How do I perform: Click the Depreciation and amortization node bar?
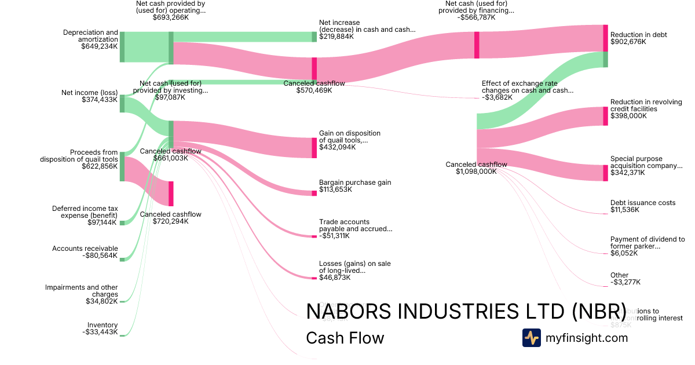[122, 47]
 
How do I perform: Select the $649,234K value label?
[100, 46]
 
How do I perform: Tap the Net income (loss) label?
[89, 93]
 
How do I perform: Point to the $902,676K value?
[628, 42]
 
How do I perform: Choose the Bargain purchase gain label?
[355, 183]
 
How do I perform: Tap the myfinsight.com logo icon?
[531, 338]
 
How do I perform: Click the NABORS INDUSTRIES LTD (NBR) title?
[466, 311]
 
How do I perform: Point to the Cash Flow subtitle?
[345, 338]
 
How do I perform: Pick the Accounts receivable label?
[85, 249]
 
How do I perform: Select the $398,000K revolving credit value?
[628, 116]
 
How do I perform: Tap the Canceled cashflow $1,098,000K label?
[476, 168]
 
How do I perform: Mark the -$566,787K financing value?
[476, 17]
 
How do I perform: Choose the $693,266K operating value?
[171, 17]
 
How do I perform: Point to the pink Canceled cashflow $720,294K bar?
[171, 194]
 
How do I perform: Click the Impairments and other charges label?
[82, 291]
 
